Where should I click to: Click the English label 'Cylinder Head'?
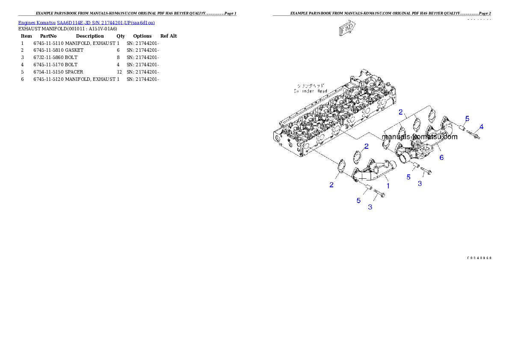pyautogui.click(x=310, y=91)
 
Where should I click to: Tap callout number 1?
pyautogui.click(x=388, y=186)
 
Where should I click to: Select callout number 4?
pyautogui.click(x=481, y=127)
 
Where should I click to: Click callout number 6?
pyautogui.click(x=441, y=157)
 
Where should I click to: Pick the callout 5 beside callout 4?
pyautogui.click(x=467, y=118)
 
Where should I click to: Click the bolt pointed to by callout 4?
pyautogui.click(x=473, y=135)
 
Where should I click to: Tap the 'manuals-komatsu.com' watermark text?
pyautogui.click(x=420, y=137)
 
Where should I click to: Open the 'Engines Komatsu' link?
pyautogui.click(x=37, y=22)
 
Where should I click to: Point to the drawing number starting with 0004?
pyautogui.click(x=479, y=258)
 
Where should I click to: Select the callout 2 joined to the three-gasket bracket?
pyautogui.click(x=401, y=112)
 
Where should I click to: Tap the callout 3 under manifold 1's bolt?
pyautogui.click(x=370, y=207)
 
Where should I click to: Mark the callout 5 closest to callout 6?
pyautogui.click(x=408, y=177)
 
